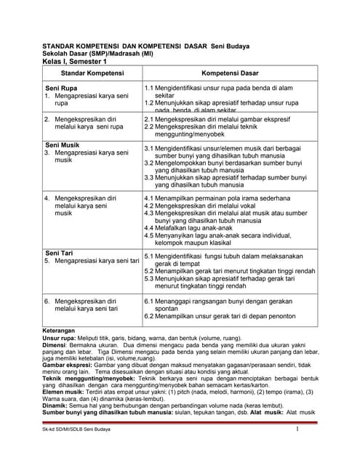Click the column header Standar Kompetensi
pyautogui.click(x=92, y=74)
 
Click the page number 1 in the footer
pyautogui.click(x=297, y=450)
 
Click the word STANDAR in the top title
pyautogui.click(x=63, y=46)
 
